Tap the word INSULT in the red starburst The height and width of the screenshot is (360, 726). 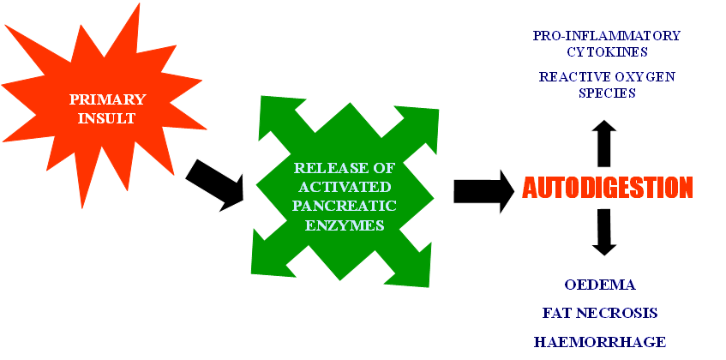102,117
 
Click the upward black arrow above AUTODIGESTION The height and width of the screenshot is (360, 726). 605,141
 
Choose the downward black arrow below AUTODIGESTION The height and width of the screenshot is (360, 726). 605,231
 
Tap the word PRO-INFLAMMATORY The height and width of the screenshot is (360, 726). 606,36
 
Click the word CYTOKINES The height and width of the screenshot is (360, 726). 606,51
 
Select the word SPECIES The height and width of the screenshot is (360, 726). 606,93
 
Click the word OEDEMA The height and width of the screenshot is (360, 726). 600,285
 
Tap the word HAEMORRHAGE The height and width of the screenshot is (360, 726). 600,341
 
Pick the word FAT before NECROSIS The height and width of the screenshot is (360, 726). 557,313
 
